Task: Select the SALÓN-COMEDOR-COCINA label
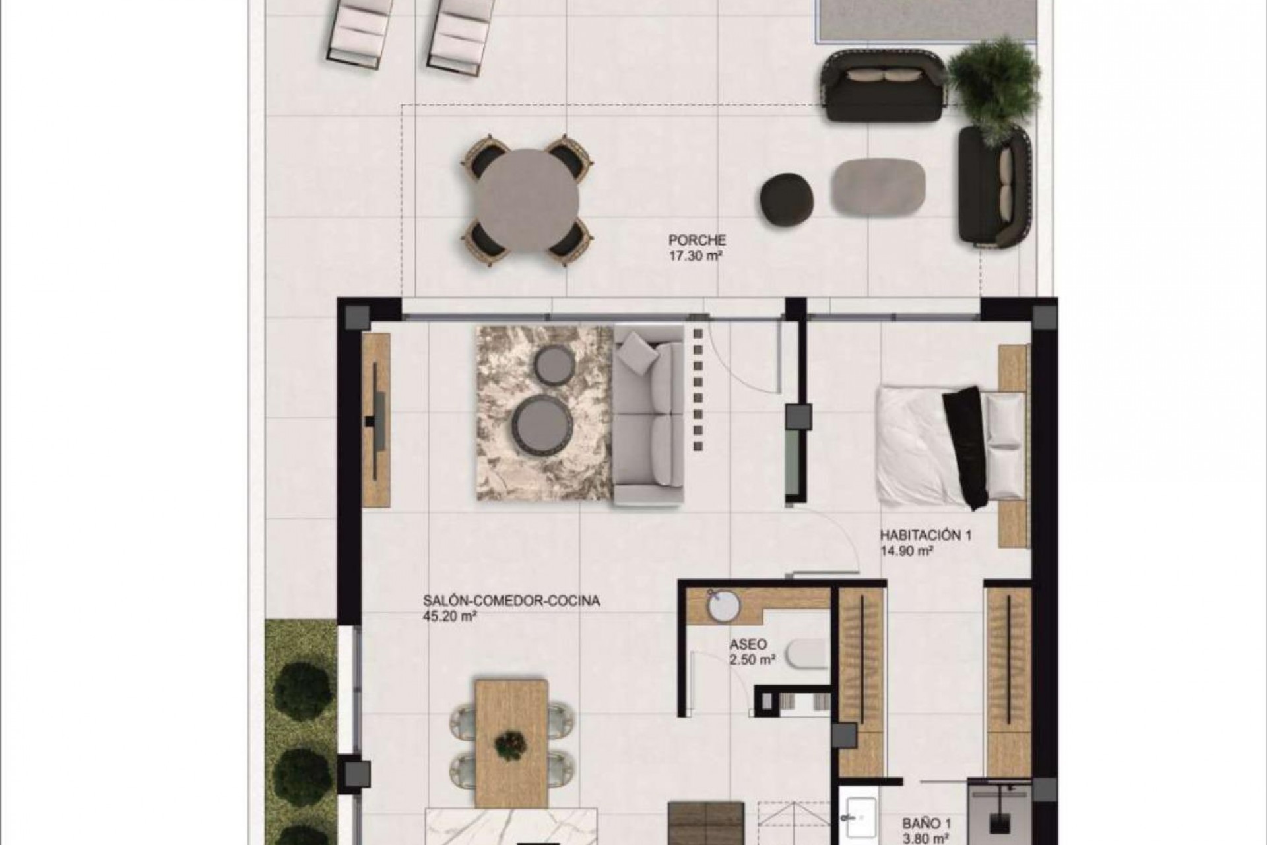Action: [511, 601]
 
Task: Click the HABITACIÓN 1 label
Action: [925, 535]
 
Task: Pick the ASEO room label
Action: [748, 644]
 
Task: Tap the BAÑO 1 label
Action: [926, 824]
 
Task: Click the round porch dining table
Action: [528, 200]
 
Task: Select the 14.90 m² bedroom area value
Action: [906, 551]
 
